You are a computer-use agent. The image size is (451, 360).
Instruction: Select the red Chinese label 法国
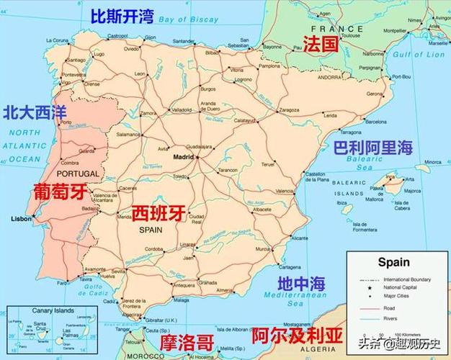(x=321, y=44)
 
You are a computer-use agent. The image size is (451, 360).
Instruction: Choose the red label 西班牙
(x=159, y=213)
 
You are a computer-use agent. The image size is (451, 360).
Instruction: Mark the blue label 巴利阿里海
(x=373, y=148)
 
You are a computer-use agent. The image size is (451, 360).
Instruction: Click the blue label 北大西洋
(x=35, y=112)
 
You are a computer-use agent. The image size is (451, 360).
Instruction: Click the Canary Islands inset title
(x=54, y=310)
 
